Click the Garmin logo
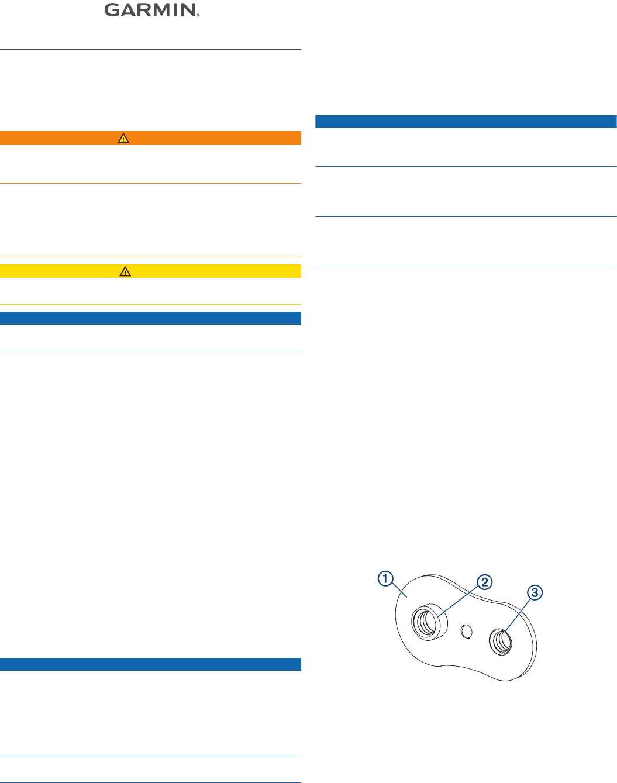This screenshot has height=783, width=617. click(151, 11)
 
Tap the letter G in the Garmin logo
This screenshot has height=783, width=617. click(112, 11)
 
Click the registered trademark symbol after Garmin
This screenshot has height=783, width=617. click(198, 15)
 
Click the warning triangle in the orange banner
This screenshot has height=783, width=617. click(123, 139)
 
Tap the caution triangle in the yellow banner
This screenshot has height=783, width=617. click(125, 271)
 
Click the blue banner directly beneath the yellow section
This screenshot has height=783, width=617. click(150, 318)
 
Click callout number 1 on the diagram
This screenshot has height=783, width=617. click(385, 580)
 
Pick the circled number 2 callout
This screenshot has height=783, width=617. click(484, 582)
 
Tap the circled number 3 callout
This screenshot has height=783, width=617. click(535, 593)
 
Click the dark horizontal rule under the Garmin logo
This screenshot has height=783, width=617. click(150, 50)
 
